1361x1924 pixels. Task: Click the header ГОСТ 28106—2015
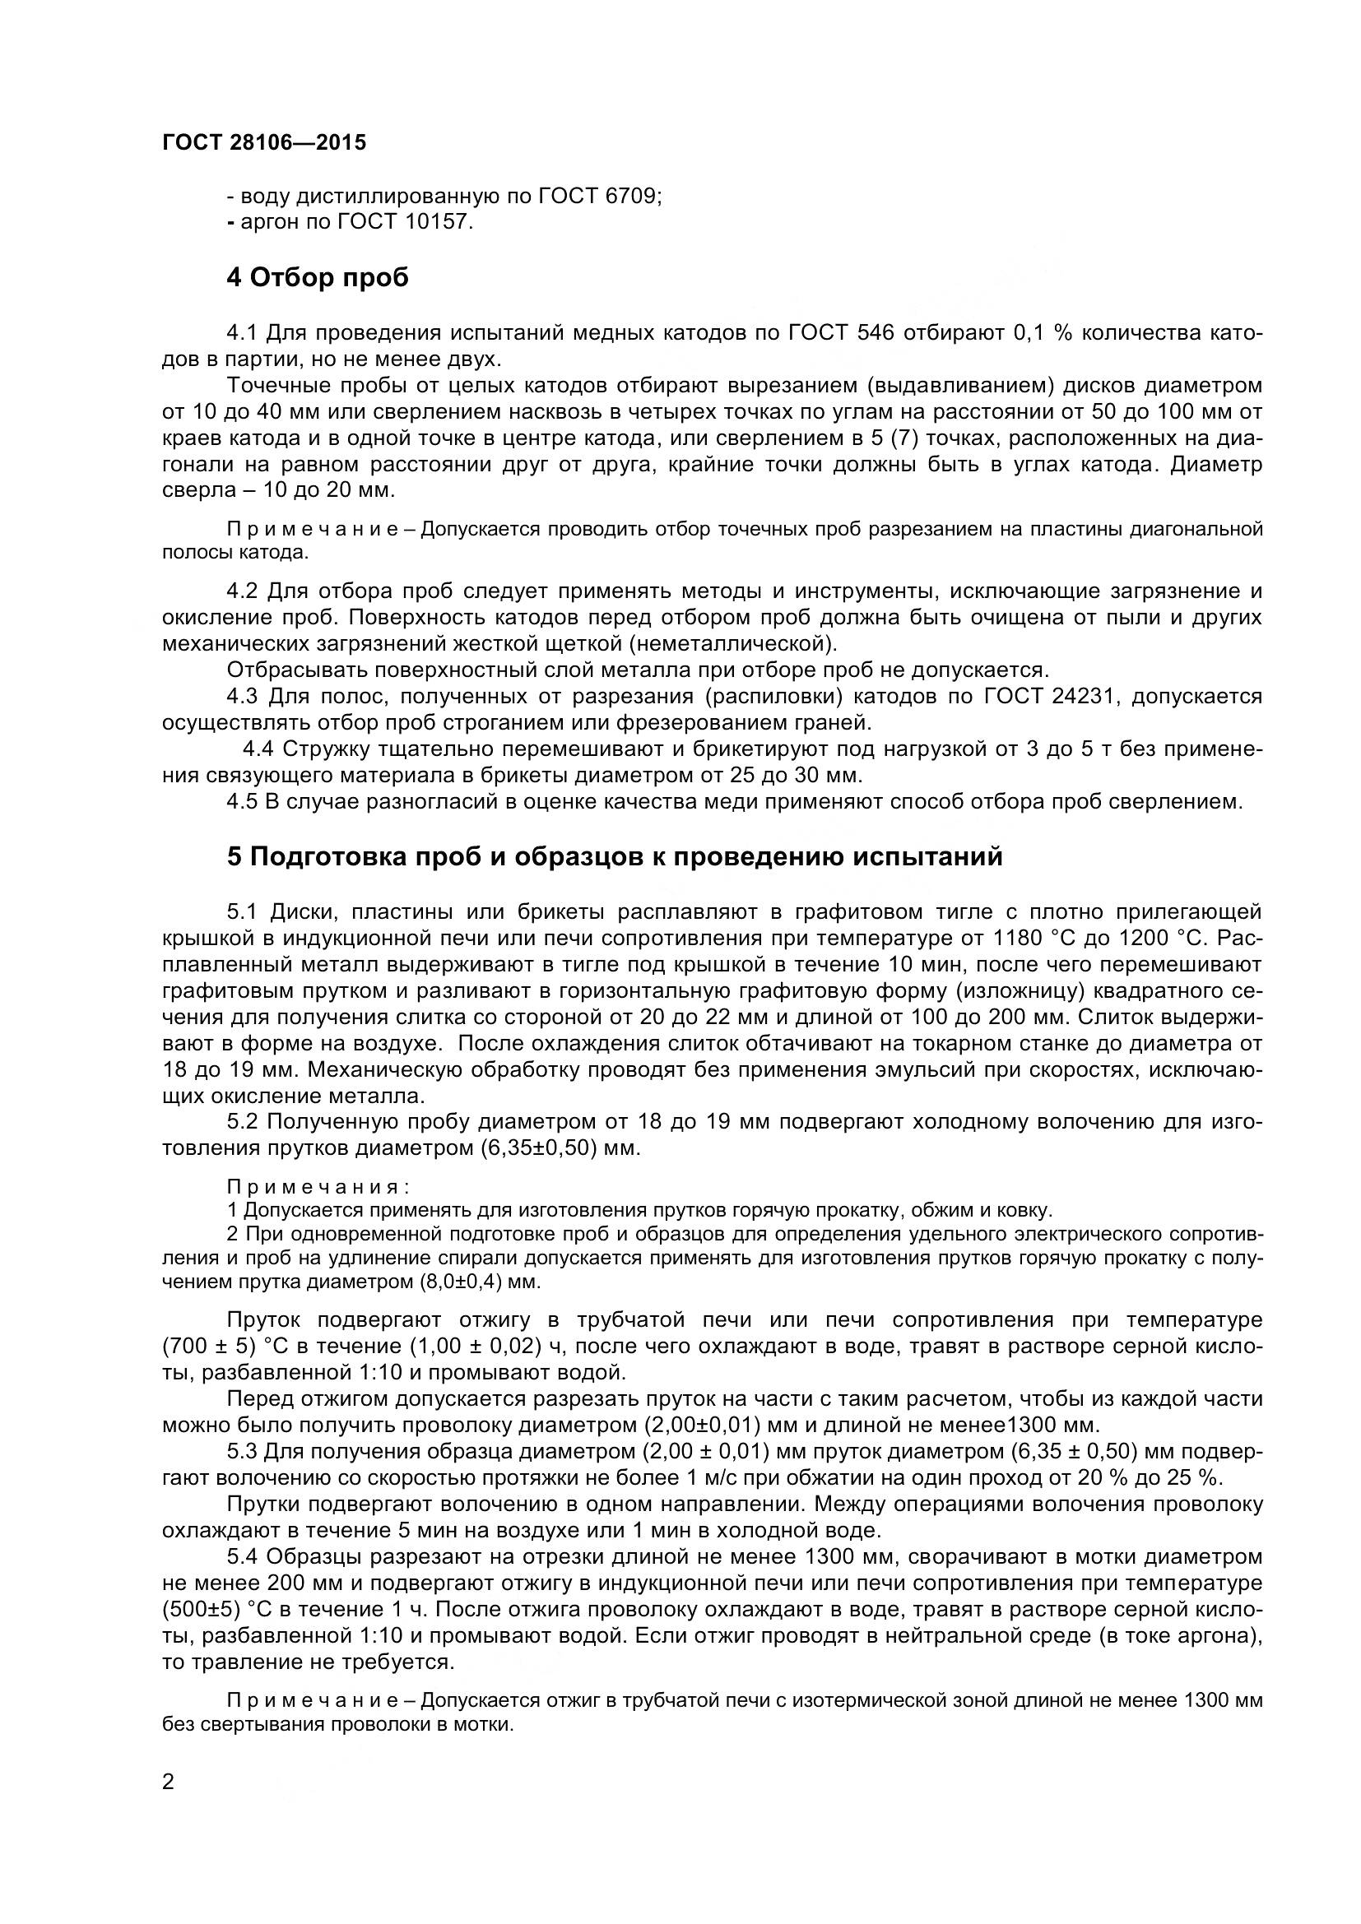point(264,143)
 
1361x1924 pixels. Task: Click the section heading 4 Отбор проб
point(318,277)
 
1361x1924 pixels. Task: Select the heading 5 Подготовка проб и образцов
point(615,857)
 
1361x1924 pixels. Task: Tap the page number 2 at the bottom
point(169,1805)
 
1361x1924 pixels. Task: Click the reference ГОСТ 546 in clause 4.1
point(841,333)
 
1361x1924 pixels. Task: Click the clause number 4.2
point(242,591)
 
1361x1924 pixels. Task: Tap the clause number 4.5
point(242,802)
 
